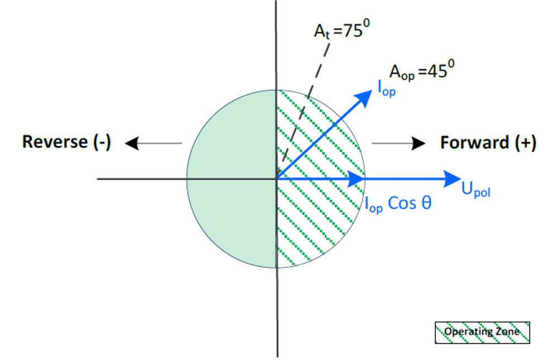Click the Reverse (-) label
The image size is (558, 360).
coord(66,142)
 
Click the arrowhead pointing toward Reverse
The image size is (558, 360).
coord(132,144)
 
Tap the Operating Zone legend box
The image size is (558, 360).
coord(482,332)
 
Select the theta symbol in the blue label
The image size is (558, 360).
coord(426,203)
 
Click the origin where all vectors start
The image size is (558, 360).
coord(277,179)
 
